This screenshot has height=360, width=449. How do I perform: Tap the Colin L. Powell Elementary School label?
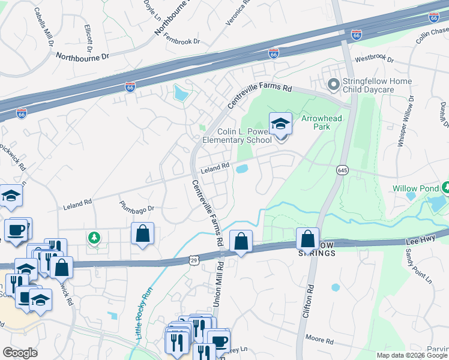pyautogui.click(x=237, y=136)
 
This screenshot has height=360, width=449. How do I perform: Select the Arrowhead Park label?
pyautogui.click(x=321, y=123)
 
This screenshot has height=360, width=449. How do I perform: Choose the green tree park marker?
pyautogui.click(x=94, y=239)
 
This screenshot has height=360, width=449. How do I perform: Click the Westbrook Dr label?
pyautogui.click(x=374, y=59)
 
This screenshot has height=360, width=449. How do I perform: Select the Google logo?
pyautogui.click(x=20, y=353)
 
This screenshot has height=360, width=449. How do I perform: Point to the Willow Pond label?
pyautogui.click(x=413, y=188)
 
